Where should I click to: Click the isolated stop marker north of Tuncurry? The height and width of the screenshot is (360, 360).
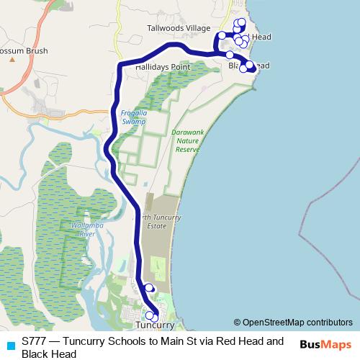[x=149, y=288]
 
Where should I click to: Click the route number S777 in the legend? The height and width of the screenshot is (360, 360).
[x=34, y=341]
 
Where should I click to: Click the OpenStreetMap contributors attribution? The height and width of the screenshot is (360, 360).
[x=297, y=323]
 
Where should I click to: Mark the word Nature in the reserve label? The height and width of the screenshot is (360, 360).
[x=186, y=140]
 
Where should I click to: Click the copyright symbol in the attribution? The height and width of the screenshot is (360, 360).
[x=237, y=323]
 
